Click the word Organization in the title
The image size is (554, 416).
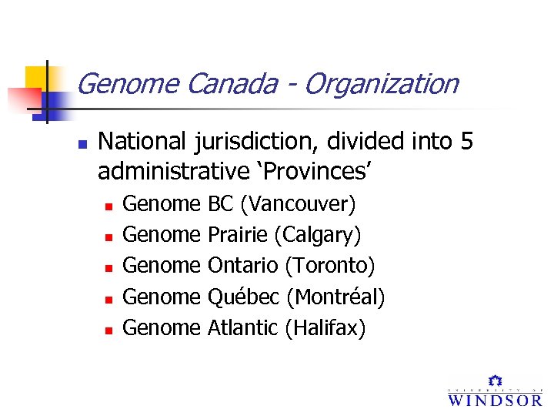click(381, 84)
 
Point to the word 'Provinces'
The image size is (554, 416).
click(306, 172)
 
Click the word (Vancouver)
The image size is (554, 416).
click(298, 204)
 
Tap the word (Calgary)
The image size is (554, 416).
click(318, 235)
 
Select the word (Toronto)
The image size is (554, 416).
click(329, 266)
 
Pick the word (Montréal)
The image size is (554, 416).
click(335, 297)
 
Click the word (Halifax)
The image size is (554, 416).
click(325, 328)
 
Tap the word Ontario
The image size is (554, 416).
click(243, 266)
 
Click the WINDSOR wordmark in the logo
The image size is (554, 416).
click(495, 399)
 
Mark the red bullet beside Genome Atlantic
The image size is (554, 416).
click(108, 330)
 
